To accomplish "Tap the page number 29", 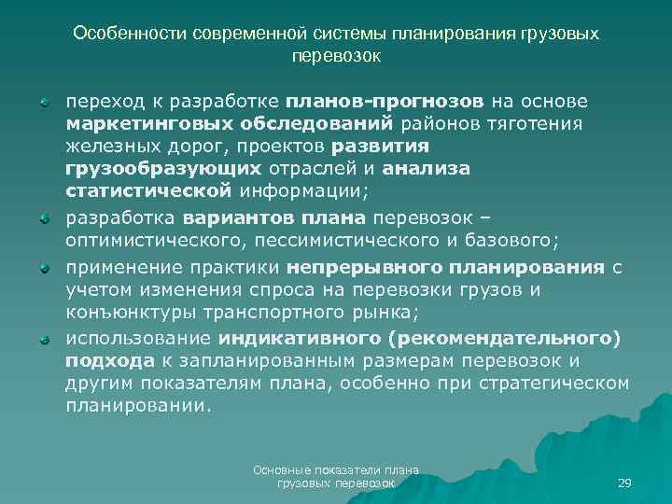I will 624,483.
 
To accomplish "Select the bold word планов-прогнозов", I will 385,101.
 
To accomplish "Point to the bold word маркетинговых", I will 138,124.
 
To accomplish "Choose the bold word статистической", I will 147,191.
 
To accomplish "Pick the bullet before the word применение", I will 44,267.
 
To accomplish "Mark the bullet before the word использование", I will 44,338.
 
